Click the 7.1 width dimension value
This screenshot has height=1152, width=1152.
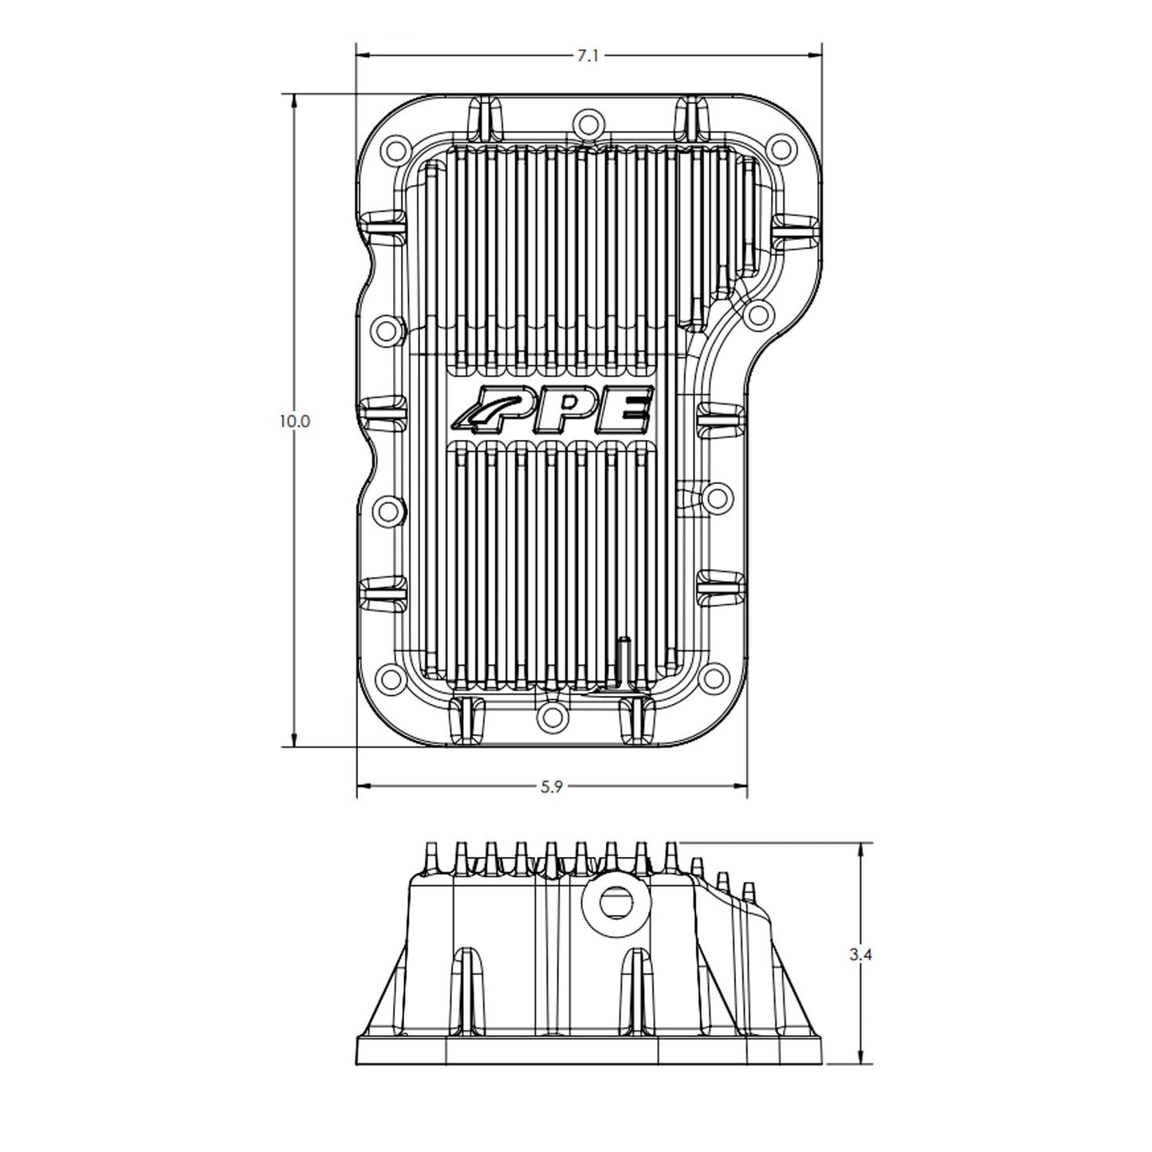[588, 56]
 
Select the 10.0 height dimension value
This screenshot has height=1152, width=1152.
[293, 421]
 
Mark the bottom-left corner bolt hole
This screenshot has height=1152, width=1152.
[391, 678]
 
